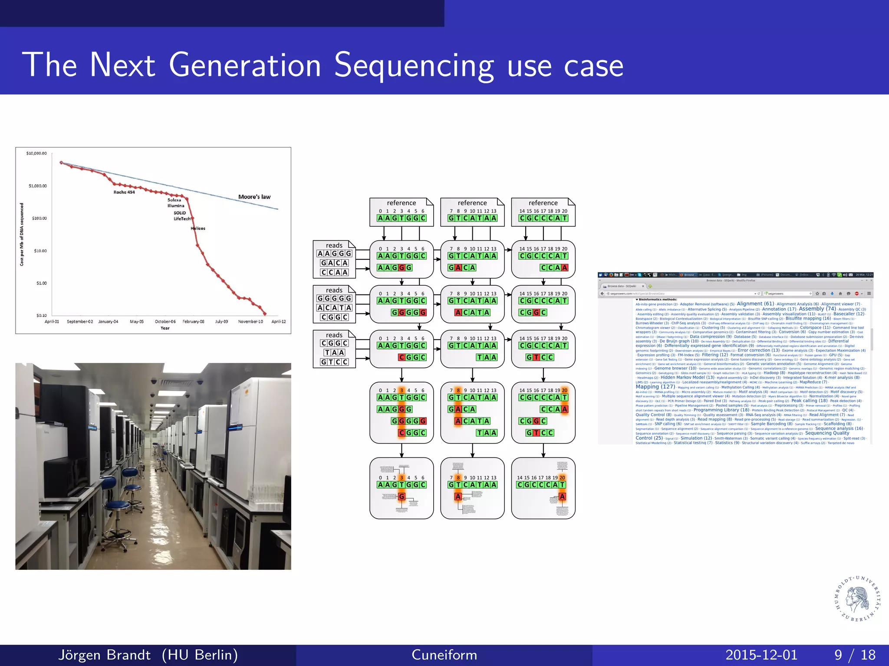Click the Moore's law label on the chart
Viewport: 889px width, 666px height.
click(x=254, y=197)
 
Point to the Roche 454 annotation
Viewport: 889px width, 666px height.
click(x=124, y=192)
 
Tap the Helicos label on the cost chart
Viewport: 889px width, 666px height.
click(x=198, y=228)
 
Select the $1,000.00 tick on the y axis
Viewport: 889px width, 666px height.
click(x=38, y=186)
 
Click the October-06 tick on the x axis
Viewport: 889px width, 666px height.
click(x=165, y=322)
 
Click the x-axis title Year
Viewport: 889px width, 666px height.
click(x=165, y=328)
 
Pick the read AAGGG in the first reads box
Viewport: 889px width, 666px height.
click(x=334, y=254)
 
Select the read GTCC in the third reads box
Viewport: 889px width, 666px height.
click(x=334, y=362)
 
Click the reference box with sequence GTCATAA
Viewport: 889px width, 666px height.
click(x=472, y=212)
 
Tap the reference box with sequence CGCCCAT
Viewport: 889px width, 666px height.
click(x=543, y=212)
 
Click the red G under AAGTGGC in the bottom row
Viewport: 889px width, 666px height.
click(x=402, y=496)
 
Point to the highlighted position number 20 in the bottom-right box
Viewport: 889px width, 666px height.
click(x=562, y=477)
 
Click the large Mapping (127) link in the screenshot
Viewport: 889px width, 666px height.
click(x=655, y=387)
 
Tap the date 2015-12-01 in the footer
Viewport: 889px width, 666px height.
click(x=761, y=655)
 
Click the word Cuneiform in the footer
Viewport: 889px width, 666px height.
click(x=444, y=655)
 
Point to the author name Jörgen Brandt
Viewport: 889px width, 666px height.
click(x=104, y=655)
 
